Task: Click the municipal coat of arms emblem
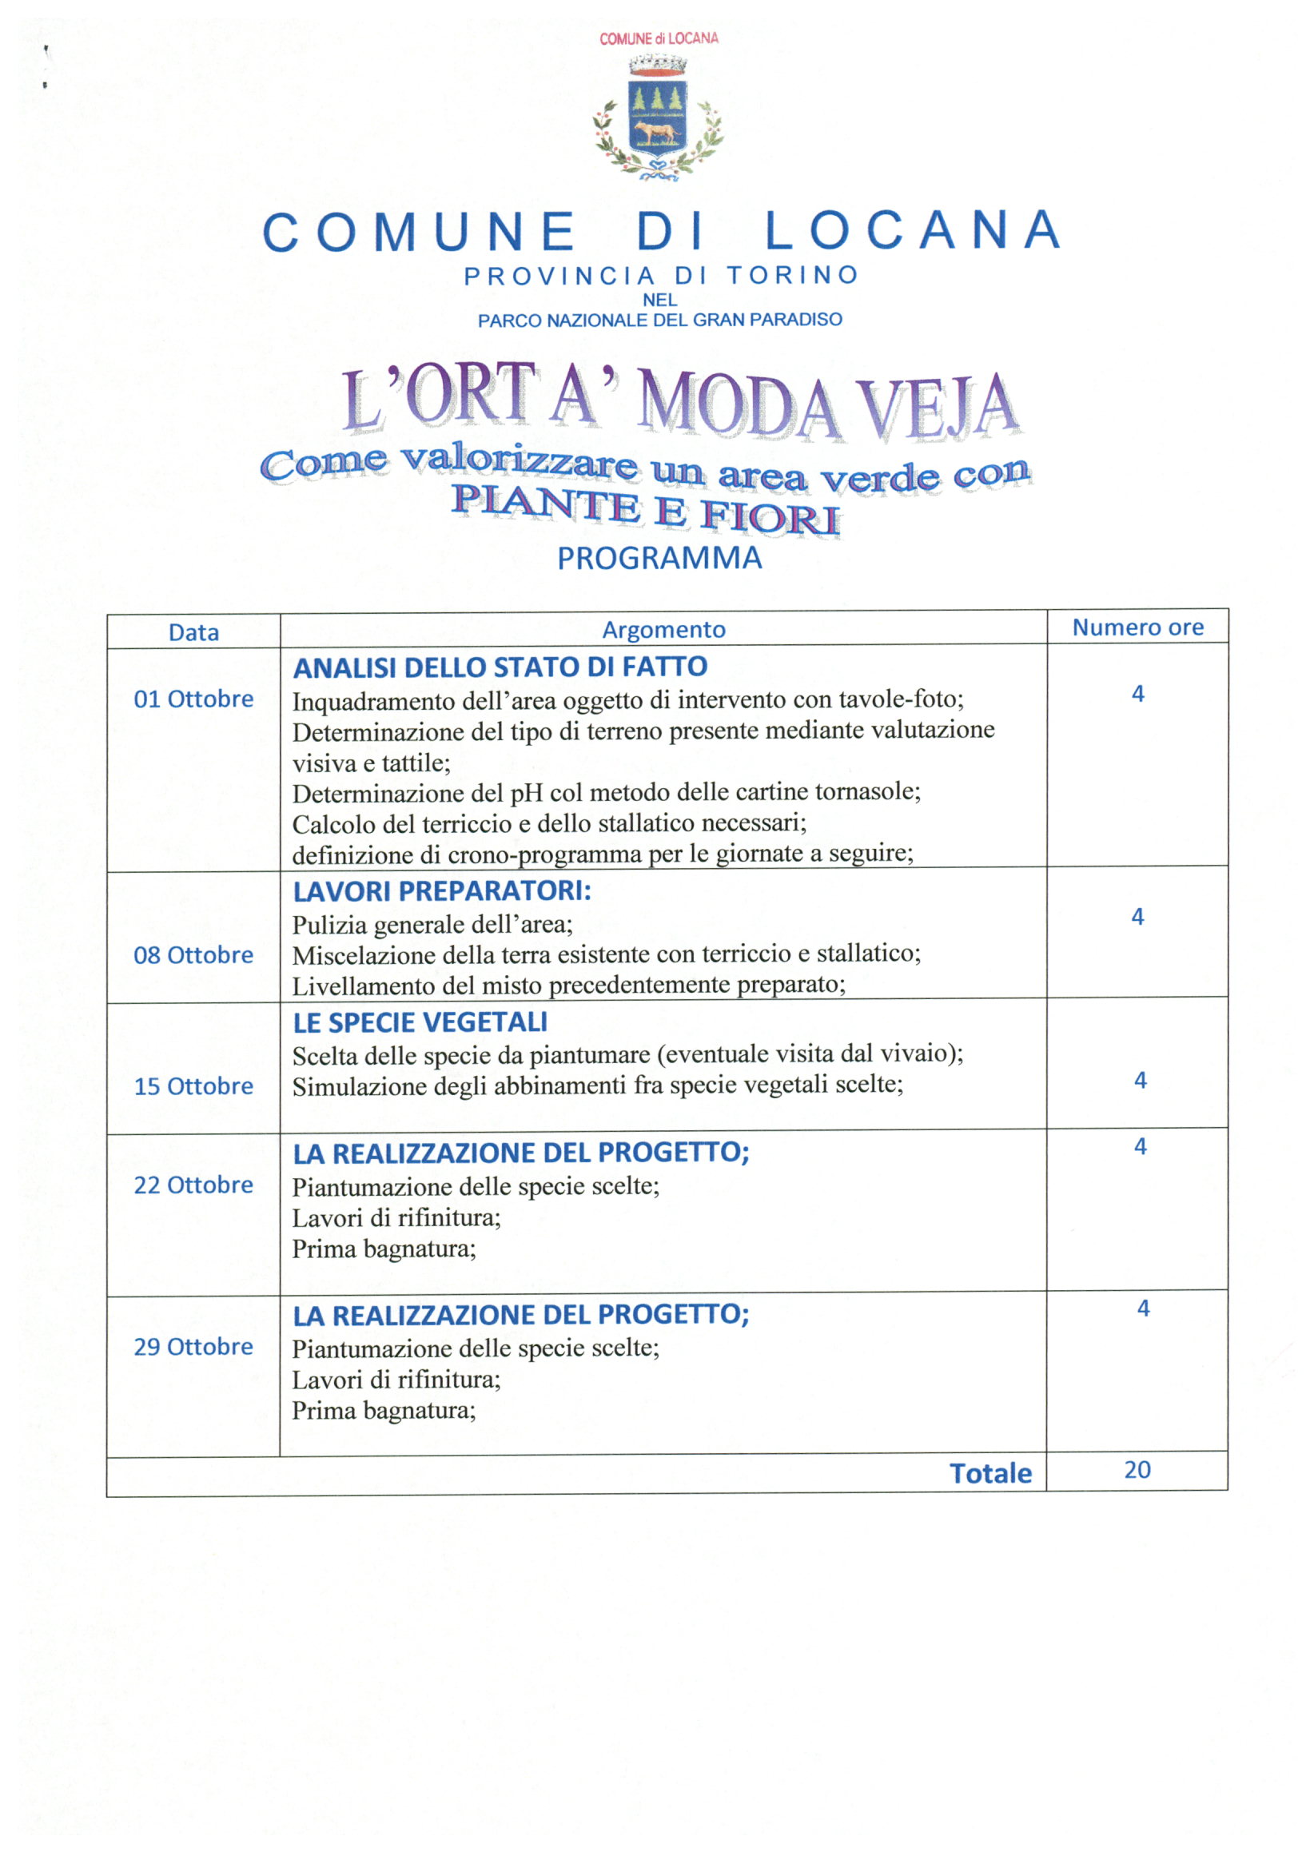coord(658,119)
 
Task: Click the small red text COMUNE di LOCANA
coord(658,38)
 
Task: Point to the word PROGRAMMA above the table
coord(659,558)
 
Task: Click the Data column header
coord(193,633)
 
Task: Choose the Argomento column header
coord(663,630)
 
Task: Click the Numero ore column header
coord(1137,627)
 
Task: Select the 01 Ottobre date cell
coord(193,699)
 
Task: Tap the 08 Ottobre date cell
coord(193,955)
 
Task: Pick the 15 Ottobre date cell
coord(193,1086)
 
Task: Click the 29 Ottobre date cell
coord(193,1347)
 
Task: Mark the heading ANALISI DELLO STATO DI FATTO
coord(500,667)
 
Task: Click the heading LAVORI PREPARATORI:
coord(442,891)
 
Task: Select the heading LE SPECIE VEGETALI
coord(420,1022)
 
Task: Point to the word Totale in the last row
coord(990,1474)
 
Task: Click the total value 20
coord(1137,1470)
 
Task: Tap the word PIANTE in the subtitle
coord(544,504)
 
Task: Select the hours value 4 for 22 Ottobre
coord(1140,1146)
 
